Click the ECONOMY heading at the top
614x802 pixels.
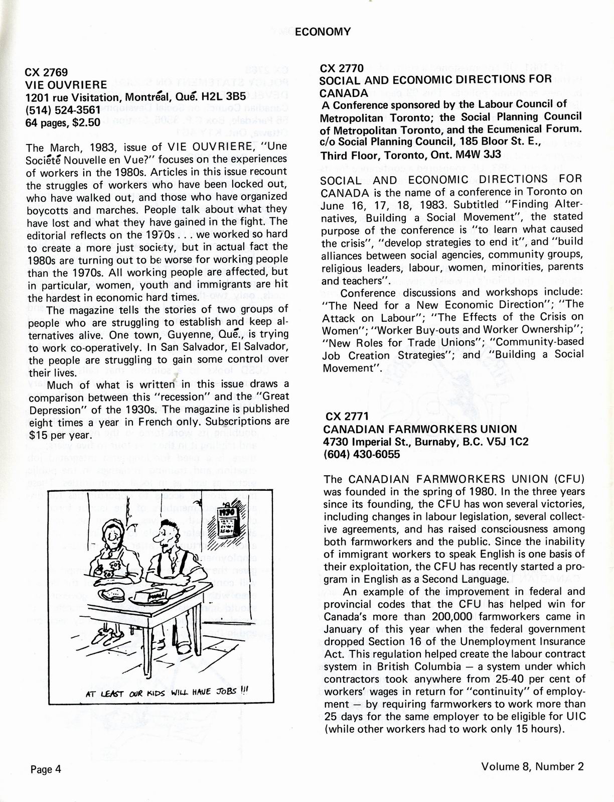pyautogui.click(x=323, y=32)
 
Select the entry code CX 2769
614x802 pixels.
pyautogui.click(x=46, y=72)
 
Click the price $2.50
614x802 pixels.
pyautogui.click(x=87, y=122)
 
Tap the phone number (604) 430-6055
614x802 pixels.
pyautogui.click(x=361, y=454)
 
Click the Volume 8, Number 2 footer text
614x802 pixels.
pyautogui.click(x=533, y=766)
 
